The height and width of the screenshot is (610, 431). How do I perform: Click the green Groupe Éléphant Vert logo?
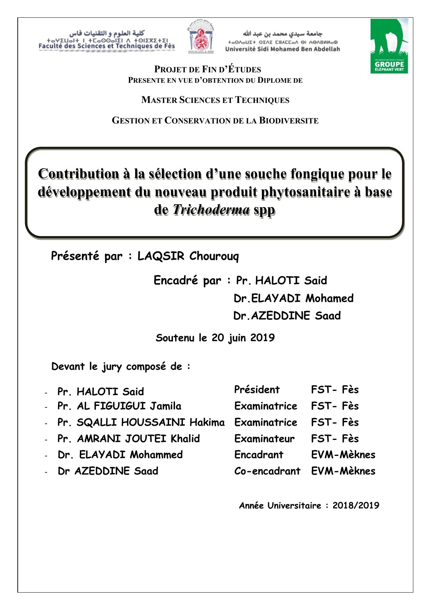389,46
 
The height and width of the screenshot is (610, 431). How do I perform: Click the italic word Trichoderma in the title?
211,210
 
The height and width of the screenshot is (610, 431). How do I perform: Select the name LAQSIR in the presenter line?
161,256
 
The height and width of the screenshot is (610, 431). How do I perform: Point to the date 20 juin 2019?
243,338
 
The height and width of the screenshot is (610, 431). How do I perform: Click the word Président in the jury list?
257,390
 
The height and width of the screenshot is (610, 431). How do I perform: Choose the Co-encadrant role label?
267,471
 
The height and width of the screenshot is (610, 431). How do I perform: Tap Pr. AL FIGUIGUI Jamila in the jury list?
119,406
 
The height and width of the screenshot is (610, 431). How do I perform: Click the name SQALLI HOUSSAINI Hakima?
150,422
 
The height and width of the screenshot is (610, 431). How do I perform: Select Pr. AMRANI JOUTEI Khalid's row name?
129,439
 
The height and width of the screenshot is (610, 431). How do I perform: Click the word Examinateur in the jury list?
264,439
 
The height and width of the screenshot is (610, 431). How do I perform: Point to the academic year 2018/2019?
356,506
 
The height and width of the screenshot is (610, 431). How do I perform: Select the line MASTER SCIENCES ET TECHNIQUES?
215,100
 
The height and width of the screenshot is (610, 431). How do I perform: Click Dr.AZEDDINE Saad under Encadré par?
287,316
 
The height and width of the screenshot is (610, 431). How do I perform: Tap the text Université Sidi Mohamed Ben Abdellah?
282,49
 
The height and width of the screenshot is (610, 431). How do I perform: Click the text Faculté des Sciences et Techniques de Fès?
107,46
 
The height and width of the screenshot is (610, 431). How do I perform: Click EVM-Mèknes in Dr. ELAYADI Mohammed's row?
343,455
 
